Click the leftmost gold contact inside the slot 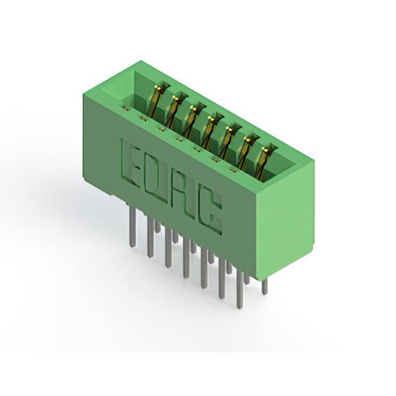pyautogui.click(x=157, y=101)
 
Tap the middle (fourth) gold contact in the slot pyautogui.click(x=209, y=131)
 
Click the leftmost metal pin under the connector pyautogui.click(x=132, y=227)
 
